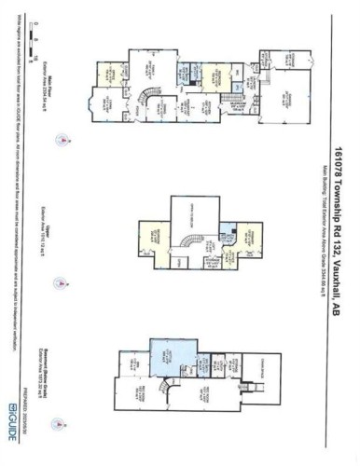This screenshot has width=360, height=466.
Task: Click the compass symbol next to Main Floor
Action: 62,141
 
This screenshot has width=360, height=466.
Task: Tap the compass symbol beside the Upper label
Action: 62,281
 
